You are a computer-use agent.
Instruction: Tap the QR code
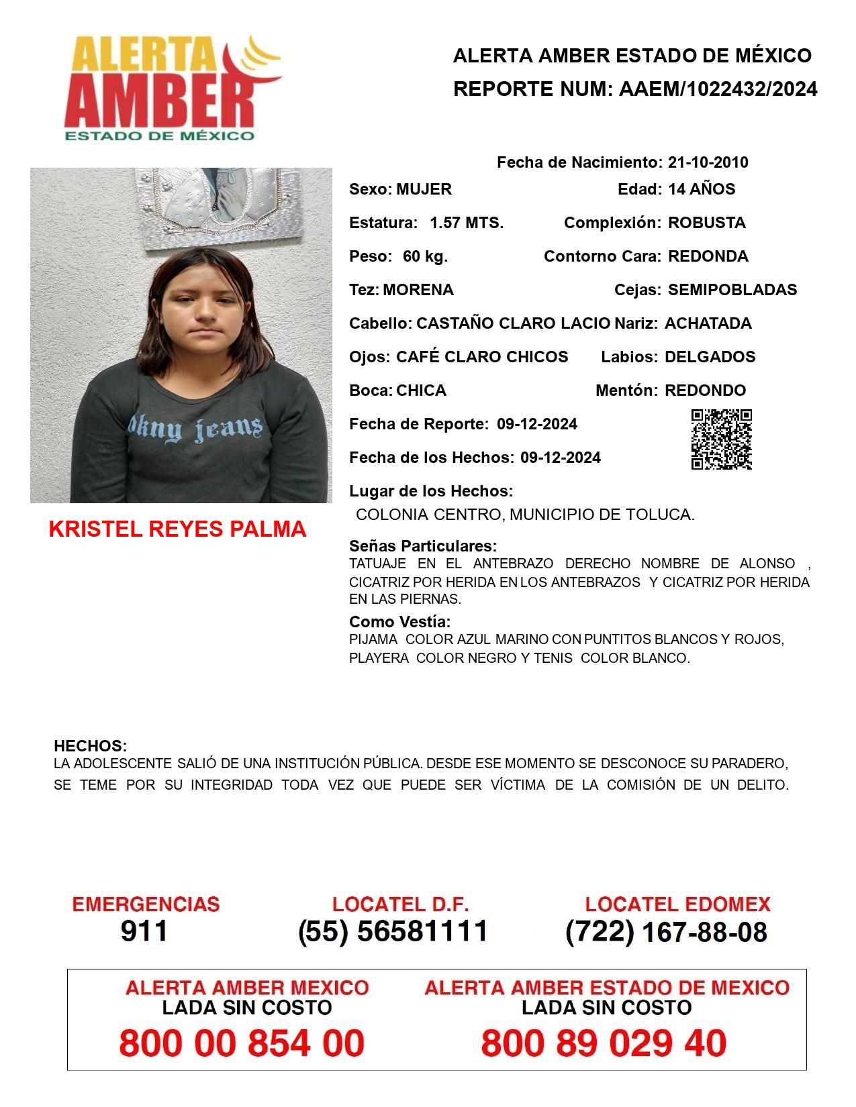point(721,439)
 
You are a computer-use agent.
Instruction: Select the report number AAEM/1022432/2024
point(718,89)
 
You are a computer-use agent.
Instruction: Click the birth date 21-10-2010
point(708,162)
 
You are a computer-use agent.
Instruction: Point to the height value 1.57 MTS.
point(467,223)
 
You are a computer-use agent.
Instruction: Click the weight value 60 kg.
point(425,256)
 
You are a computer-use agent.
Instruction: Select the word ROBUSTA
point(706,223)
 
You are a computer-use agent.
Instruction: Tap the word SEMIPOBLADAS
point(732,290)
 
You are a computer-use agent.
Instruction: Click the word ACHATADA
point(708,323)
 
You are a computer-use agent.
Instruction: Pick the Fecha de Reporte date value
point(537,424)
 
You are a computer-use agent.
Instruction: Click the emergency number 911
point(144,931)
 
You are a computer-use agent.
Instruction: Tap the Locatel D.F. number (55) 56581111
point(393,931)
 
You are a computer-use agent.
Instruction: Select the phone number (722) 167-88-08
point(666,932)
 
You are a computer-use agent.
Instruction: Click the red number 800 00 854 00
point(242,1043)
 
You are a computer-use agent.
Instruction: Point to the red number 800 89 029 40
point(604,1043)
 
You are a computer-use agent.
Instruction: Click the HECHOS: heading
point(90,746)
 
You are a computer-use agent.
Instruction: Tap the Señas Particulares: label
point(423,546)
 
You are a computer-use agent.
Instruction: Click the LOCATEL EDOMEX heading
point(677,904)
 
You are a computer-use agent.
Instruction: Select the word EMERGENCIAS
point(146,904)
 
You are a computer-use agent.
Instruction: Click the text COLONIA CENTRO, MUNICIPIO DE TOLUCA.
point(525,515)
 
